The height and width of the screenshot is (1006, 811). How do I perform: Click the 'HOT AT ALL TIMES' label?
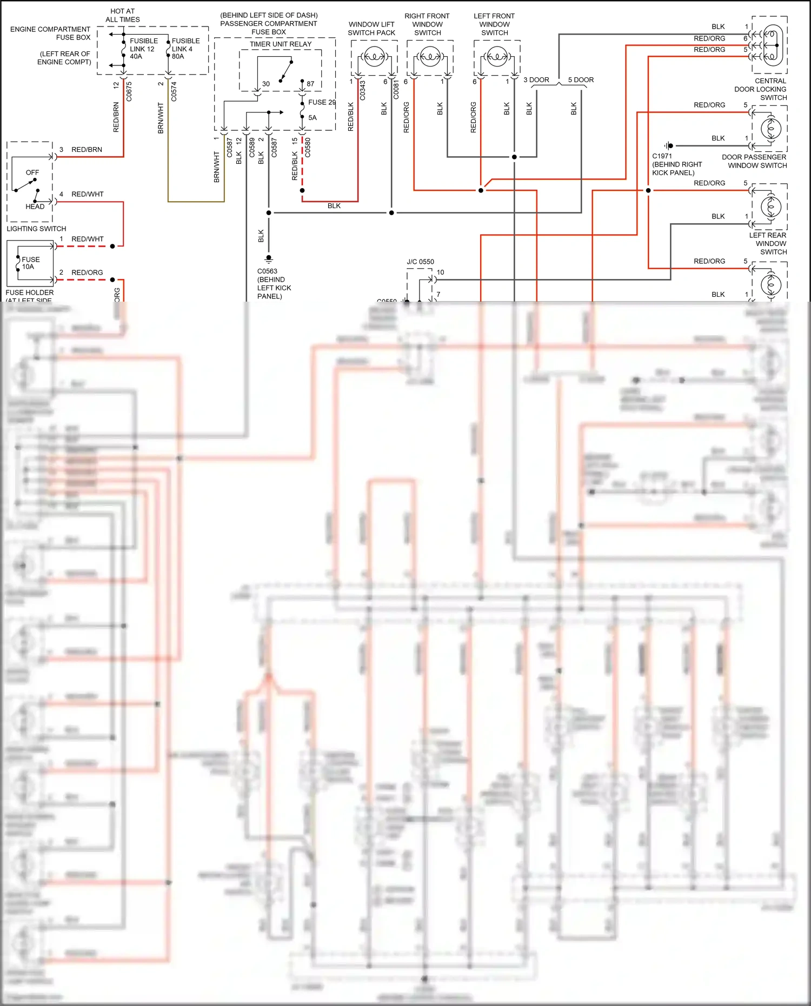click(x=123, y=15)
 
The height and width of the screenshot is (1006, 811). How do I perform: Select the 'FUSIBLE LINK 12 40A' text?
click(x=143, y=49)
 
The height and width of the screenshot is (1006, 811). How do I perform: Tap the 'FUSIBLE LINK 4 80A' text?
click(x=185, y=49)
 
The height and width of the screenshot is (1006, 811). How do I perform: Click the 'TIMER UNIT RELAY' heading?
click(x=281, y=44)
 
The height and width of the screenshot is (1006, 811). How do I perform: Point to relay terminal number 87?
click(x=310, y=84)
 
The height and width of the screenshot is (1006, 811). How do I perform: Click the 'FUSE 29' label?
click(x=322, y=102)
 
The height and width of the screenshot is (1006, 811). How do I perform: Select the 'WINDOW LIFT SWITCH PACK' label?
click(x=371, y=29)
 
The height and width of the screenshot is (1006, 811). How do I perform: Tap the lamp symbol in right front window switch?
click(x=430, y=56)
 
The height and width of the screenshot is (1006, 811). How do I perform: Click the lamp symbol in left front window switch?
click(x=497, y=56)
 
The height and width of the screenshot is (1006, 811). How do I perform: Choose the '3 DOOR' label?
click(x=536, y=80)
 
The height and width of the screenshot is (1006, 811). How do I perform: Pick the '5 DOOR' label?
click(x=581, y=80)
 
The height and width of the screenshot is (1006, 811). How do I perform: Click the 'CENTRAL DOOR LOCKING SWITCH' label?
click(x=761, y=89)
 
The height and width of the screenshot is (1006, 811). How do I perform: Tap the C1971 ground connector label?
click(x=662, y=156)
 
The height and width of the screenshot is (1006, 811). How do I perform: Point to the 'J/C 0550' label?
click(x=420, y=262)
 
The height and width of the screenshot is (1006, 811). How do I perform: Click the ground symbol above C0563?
click(x=269, y=259)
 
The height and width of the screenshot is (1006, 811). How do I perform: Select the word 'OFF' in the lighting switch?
click(x=32, y=172)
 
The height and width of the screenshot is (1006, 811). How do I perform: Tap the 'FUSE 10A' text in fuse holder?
click(x=30, y=263)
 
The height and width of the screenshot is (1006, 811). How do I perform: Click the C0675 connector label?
click(x=129, y=91)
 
